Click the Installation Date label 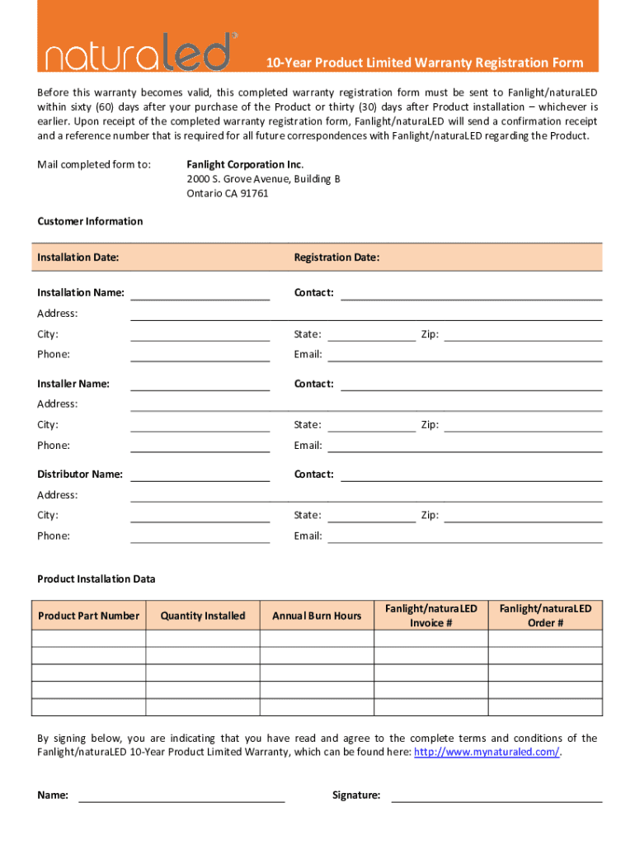coord(78,257)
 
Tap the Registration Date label coord(336,257)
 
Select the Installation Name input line coord(200,295)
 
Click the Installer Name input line coord(200,385)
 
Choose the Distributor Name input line coord(200,476)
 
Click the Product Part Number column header coord(89,616)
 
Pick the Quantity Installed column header coord(203,616)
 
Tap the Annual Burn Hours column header coord(317,616)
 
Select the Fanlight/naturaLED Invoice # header coord(430,616)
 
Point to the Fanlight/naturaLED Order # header coord(545,616)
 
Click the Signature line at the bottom coord(496,797)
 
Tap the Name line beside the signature coord(181,797)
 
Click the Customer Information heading coord(90,221)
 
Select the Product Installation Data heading coord(96,579)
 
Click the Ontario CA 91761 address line coord(227,193)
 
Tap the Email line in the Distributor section coord(464,537)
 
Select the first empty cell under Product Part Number coord(89,638)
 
